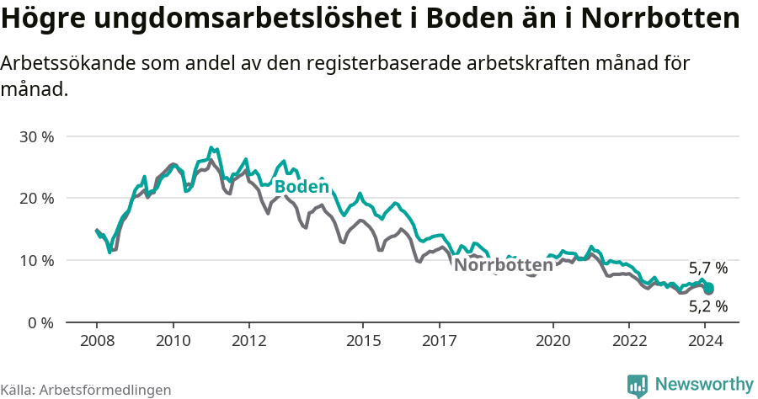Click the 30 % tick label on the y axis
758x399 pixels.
[x=36, y=136]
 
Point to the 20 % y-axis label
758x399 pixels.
[x=36, y=199]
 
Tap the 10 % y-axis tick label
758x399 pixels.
[x=36, y=261]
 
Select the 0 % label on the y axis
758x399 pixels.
[x=40, y=323]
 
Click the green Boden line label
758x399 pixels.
[x=301, y=187]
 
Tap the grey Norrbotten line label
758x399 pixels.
[x=503, y=265]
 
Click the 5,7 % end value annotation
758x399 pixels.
[x=707, y=269]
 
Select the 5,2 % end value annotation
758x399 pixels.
[x=707, y=306]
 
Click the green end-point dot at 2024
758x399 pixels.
[x=708, y=288]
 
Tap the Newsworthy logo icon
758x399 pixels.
[x=638, y=386]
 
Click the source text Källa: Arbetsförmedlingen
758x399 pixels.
[x=86, y=390]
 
